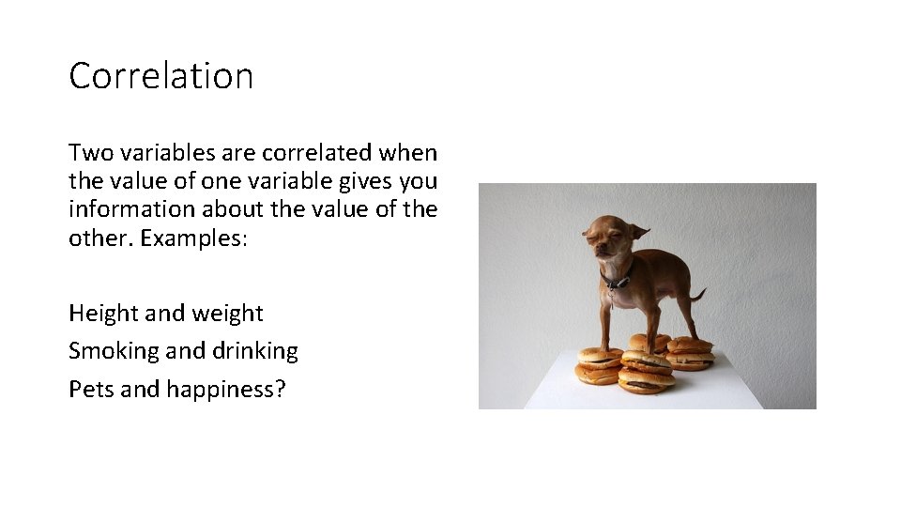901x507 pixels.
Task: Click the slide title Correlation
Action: [160, 76]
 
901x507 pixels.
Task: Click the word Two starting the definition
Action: [87, 153]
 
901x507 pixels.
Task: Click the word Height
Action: [99, 314]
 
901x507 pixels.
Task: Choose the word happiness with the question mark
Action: [226, 389]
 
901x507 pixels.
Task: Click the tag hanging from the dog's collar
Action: [612, 296]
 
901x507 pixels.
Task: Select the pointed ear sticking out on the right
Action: [638, 231]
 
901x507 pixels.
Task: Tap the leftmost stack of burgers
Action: [598, 365]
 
